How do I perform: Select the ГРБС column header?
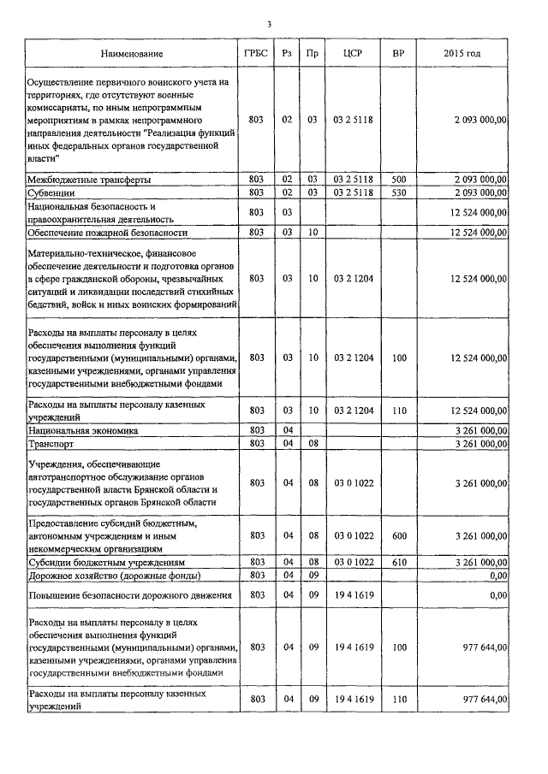click(256, 54)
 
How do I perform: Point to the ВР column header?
click(398, 54)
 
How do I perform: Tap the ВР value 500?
click(398, 180)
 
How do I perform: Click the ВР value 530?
click(398, 194)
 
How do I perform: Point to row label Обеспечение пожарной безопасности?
click(108, 232)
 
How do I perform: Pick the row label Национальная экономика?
click(83, 431)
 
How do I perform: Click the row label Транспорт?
click(51, 445)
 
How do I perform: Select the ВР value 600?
click(398, 535)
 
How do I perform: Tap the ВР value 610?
click(398, 562)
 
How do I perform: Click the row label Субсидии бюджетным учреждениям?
click(106, 562)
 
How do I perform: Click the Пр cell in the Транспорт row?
click(313, 445)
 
